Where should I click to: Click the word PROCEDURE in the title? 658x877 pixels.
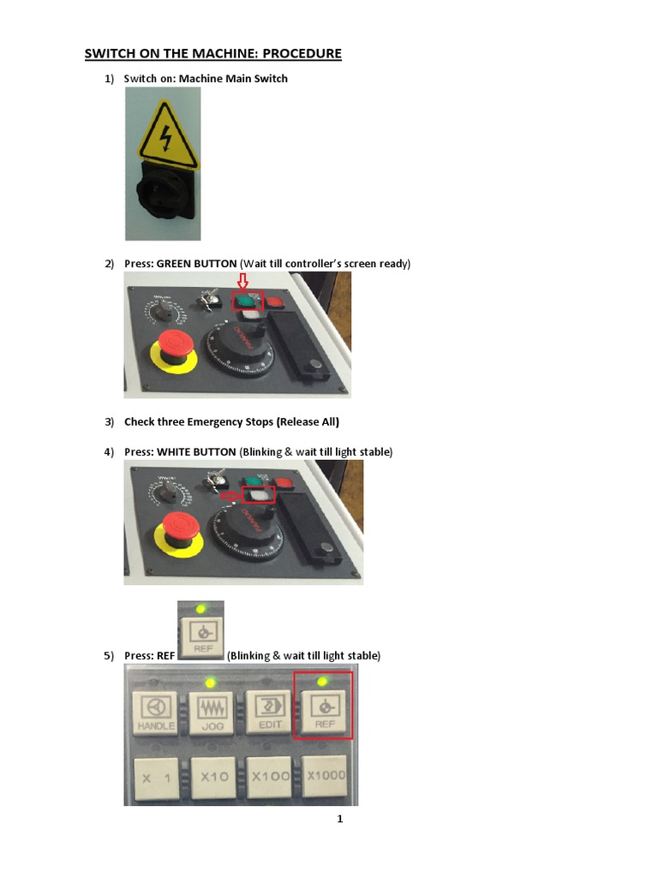click(302, 54)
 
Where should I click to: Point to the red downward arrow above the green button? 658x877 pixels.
click(242, 282)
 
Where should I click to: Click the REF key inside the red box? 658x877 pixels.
click(322, 710)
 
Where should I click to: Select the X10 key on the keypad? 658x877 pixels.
click(212, 777)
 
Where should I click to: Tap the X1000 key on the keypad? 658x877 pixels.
click(324, 775)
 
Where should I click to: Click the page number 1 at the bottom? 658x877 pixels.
click(339, 820)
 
